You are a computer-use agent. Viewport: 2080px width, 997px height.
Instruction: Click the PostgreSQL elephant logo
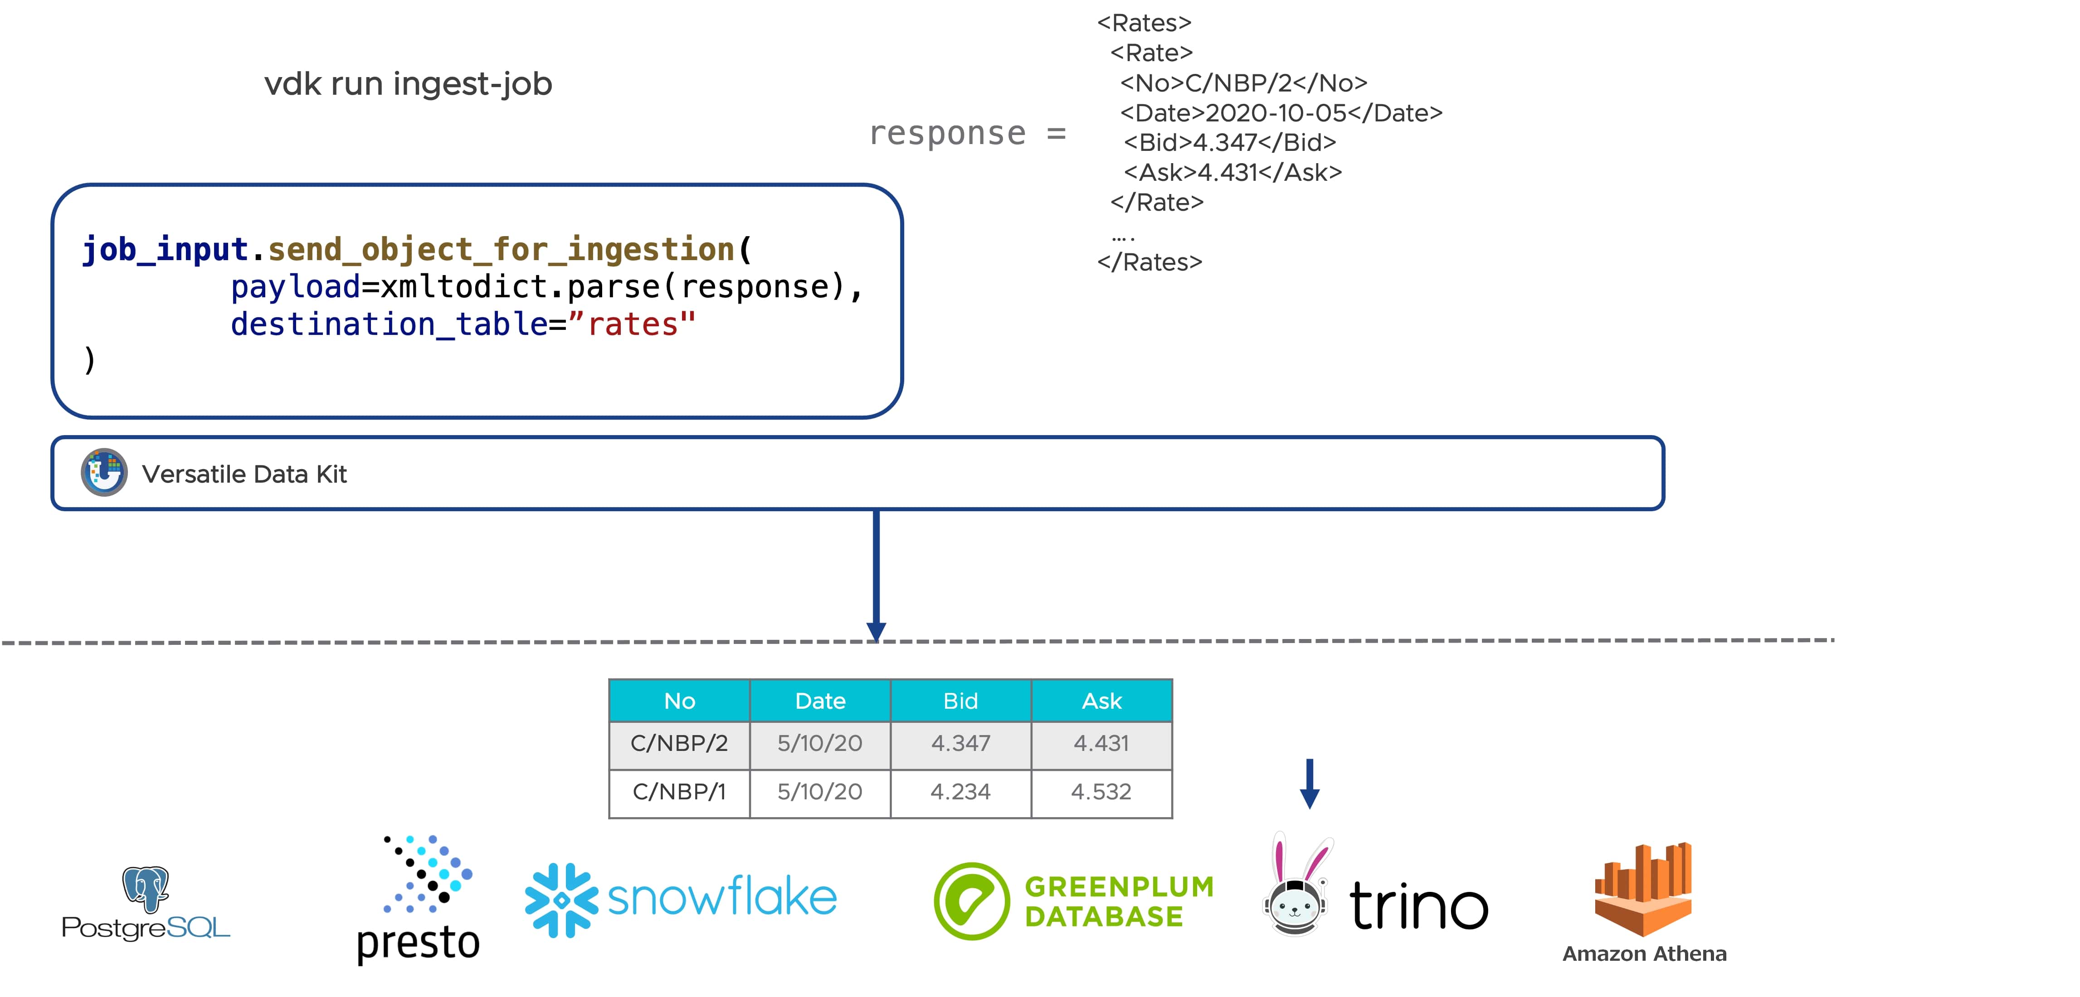click(x=146, y=888)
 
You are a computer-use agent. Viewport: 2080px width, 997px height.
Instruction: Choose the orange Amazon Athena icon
click(x=1643, y=889)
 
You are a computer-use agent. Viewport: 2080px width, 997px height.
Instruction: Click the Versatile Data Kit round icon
click(x=104, y=472)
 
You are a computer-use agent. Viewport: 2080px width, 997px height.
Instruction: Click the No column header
click(x=679, y=701)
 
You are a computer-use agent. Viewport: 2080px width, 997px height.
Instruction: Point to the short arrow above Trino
click(x=1310, y=783)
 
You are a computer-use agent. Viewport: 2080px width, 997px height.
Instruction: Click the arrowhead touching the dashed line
click(x=876, y=631)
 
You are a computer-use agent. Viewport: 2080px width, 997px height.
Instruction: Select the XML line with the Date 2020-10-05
click(x=1281, y=113)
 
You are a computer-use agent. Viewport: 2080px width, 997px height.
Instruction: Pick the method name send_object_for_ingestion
click(x=501, y=249)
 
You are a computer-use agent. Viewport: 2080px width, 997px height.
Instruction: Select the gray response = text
click(x=967, y=133)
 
